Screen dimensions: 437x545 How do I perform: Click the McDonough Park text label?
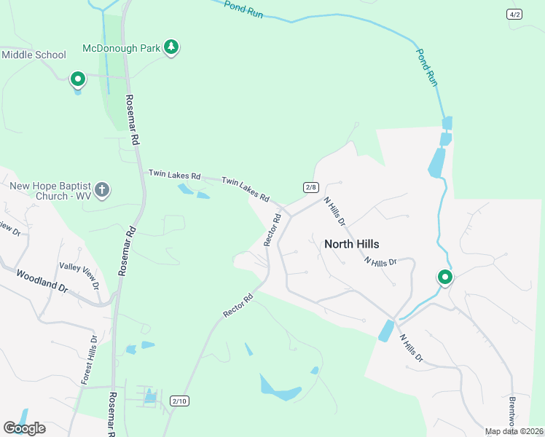tap(122, 48)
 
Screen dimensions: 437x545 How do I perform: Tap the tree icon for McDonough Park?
tap(171, 48)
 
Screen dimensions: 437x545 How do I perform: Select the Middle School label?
tap(34, 55)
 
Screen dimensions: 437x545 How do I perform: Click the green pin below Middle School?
tap(77, 79)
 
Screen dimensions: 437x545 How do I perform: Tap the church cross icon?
tap(103, 191)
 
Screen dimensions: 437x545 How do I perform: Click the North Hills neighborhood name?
tap(351, 244)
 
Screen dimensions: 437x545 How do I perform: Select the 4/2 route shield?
tap(515, 15)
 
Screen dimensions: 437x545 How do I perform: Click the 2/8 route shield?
tap(311, 187)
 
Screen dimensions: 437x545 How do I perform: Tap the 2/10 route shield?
tap(179, 401)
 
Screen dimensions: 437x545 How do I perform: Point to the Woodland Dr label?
tap(42, 283)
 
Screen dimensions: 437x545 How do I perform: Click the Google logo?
tap(24, 428)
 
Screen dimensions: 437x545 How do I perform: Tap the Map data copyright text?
tap(513, 431)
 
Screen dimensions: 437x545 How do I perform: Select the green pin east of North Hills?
tap(444, 277)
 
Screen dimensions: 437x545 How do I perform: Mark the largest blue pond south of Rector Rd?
tap(281, 390)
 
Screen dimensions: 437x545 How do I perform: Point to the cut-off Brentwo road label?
tap(511, 411)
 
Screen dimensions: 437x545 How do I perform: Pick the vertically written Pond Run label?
tap(426, 68)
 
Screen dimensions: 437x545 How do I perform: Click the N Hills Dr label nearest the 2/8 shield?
tap(334, 210)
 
